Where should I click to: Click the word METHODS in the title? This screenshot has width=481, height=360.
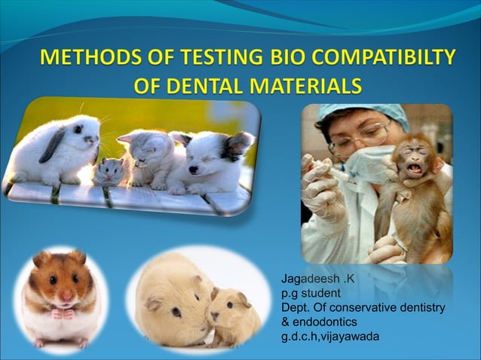(x=84, y=57)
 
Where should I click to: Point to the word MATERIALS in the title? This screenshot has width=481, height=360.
(x=311, y=86)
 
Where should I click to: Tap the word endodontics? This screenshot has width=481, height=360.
(x=326, y=321)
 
